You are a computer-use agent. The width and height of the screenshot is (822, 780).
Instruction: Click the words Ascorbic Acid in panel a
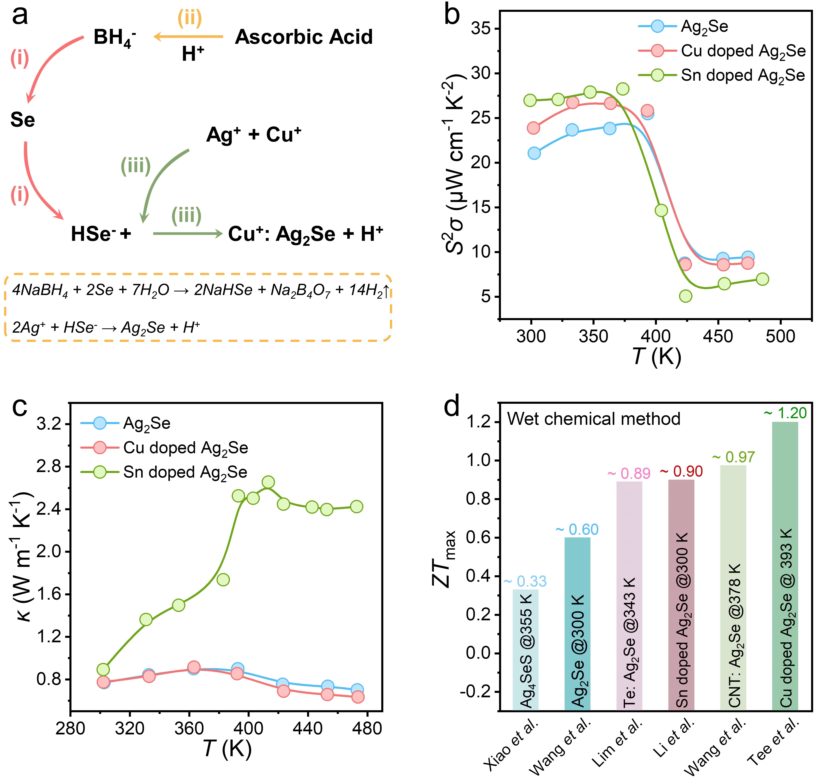tap(304, 37)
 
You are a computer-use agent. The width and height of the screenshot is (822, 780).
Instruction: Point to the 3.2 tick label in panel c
tap(49, 424)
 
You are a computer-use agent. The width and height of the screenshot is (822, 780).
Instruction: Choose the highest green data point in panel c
tap(268, 482)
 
